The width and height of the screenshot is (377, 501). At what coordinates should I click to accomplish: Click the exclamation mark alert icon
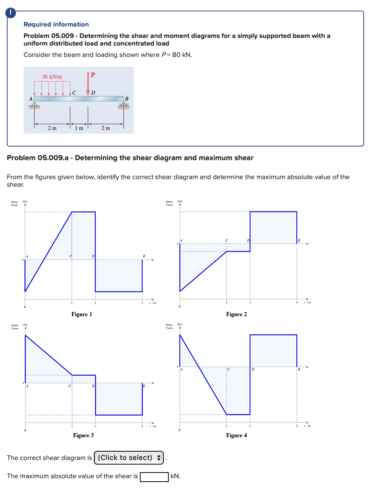coord(11,13)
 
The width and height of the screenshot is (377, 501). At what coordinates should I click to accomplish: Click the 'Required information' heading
coord(56,24)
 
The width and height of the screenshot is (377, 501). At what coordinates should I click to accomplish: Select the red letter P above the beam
coord(93,75)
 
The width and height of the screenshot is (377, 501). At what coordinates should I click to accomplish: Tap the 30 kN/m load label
coord(52,77)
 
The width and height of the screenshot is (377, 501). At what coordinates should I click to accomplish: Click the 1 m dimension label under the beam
coord(79,128)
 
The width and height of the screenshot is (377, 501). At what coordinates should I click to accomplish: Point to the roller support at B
coord(124,104)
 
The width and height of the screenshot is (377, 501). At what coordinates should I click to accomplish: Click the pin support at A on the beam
coord(35,104)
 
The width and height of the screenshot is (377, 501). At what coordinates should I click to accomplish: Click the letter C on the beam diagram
coord(74,93)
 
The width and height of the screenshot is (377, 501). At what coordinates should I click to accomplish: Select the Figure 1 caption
coord(82,314)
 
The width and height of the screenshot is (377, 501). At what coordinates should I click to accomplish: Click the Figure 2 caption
coord(236,314)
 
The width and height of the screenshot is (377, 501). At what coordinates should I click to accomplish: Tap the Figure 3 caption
coord(83,435)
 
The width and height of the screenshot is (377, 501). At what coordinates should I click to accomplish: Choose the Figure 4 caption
coord(236,435)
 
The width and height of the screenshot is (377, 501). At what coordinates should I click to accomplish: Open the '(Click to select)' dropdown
coord(129,458)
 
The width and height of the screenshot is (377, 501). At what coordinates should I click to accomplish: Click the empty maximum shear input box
coord(154,477)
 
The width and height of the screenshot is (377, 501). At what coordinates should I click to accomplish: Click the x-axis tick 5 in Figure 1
coord(142,303)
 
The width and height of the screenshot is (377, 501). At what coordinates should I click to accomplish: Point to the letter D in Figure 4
coord(253,369)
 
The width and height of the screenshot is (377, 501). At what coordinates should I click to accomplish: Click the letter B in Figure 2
coord(299,241)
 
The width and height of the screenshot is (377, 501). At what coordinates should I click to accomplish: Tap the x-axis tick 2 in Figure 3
coord(72,426)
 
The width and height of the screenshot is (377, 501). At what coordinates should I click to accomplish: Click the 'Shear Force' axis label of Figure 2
coord(169,203)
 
